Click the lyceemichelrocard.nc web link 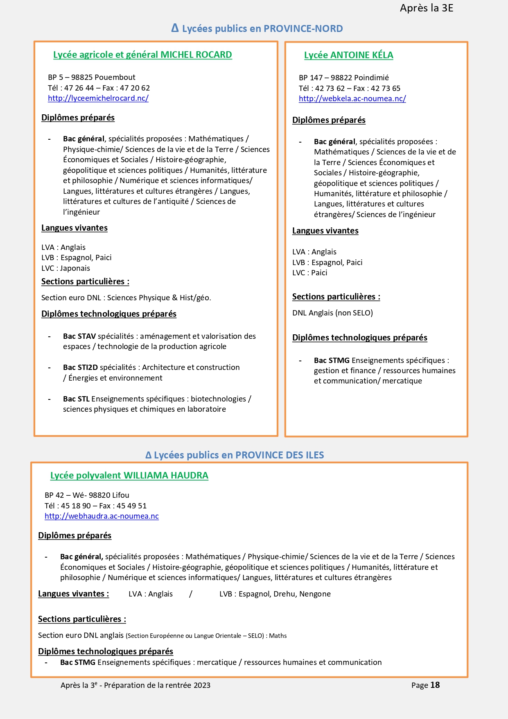(98, 98)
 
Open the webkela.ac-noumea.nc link (352, 99)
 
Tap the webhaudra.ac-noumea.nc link (102, 516)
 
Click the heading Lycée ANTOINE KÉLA (348, 55)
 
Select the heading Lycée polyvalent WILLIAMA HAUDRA (129, 476)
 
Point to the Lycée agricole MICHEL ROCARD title (142, 55)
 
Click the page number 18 (435, 685)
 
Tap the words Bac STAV (79, 336)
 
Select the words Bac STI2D (80, 367)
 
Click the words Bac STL (76, 399)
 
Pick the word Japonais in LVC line (75, 268)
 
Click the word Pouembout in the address (115, 77)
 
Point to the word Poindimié (371, 78)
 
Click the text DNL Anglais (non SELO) (332, 313)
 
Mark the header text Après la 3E (427, 8)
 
